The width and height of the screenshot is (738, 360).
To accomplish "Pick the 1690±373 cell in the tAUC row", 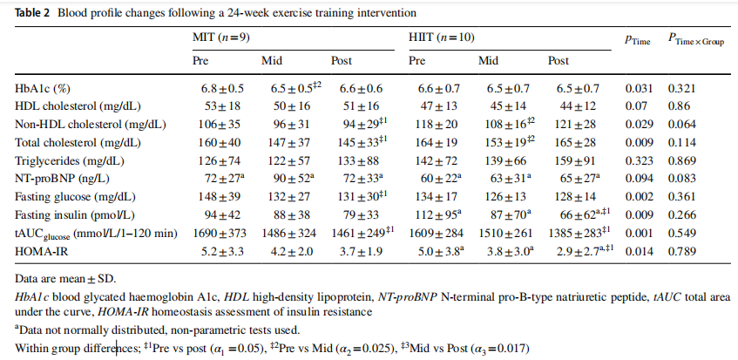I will coord(221,234).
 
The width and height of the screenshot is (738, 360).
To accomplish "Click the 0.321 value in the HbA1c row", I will coord(681,88).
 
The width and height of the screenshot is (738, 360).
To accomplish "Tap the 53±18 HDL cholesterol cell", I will coord(215,106).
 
